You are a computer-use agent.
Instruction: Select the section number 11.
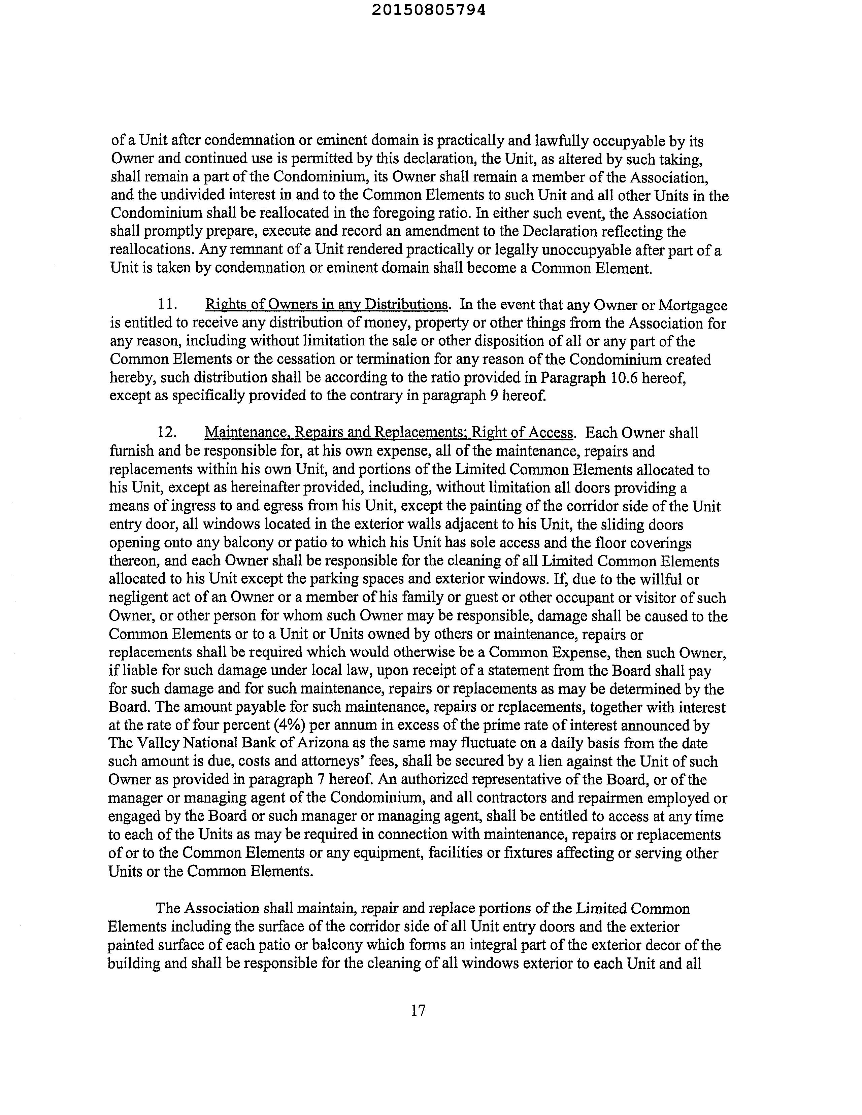pyautogui.click(x=167, y=305)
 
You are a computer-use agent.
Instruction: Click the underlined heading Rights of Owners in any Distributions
pyautogui.click(x=326, y=305)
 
